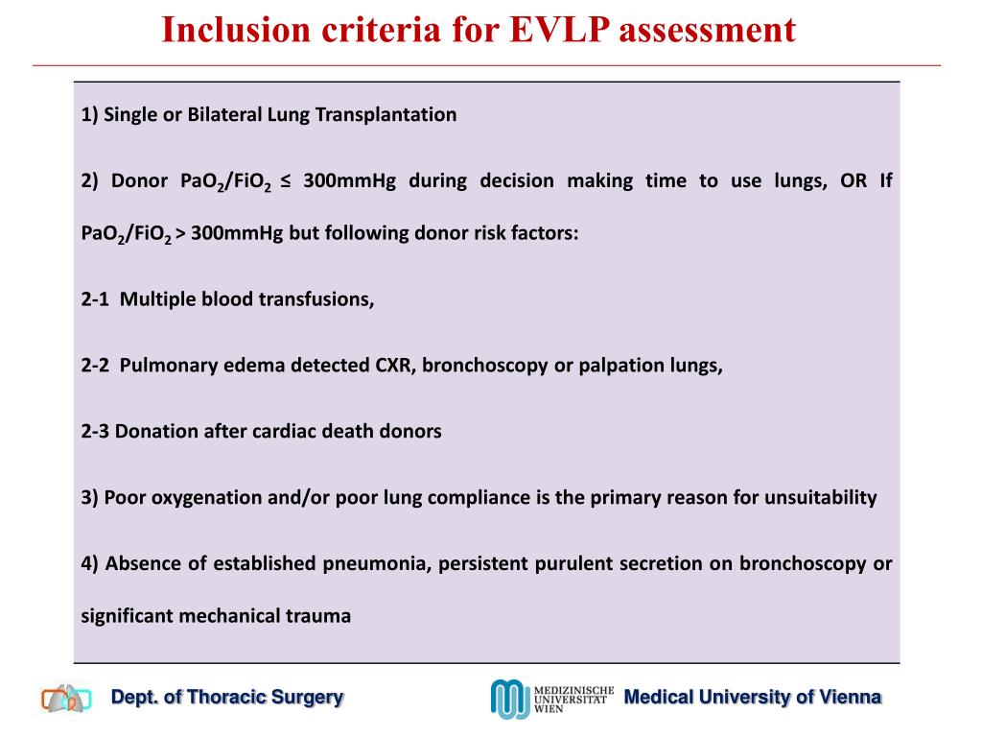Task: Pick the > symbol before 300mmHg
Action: point(180,233)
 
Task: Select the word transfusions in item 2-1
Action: point(317,299)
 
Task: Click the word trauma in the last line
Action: point(318,616)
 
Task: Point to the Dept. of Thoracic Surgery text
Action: point(227,698)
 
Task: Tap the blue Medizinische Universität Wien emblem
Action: point(509,699)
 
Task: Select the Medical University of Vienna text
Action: point(752,698)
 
